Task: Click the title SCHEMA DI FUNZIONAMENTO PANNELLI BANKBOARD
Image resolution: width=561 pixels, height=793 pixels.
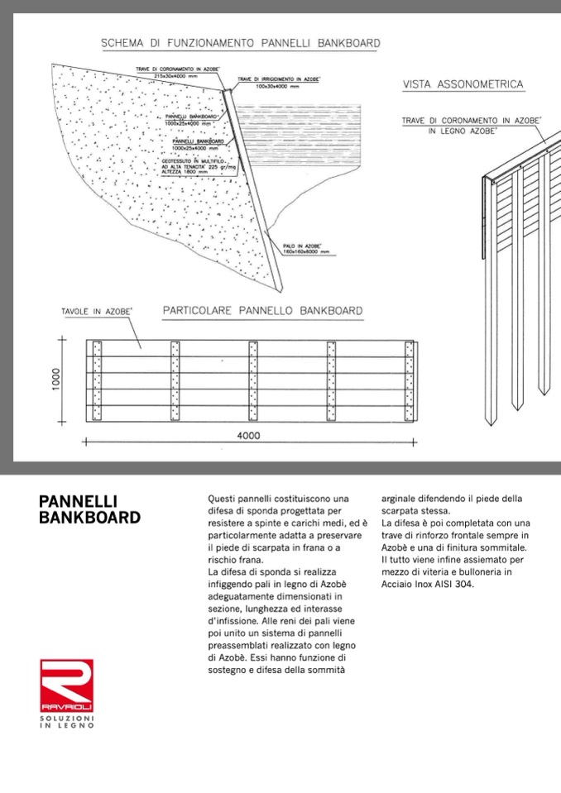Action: click(240, 42)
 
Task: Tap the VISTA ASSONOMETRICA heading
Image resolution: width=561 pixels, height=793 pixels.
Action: click(463, 84)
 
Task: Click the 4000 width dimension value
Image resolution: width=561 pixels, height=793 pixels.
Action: click(248, 436)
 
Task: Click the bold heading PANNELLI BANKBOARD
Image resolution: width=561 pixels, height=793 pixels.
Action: click(89, 509)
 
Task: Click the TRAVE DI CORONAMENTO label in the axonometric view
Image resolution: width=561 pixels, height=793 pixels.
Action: click(472, 121)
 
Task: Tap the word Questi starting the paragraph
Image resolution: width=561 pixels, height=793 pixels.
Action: click(222, 499)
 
